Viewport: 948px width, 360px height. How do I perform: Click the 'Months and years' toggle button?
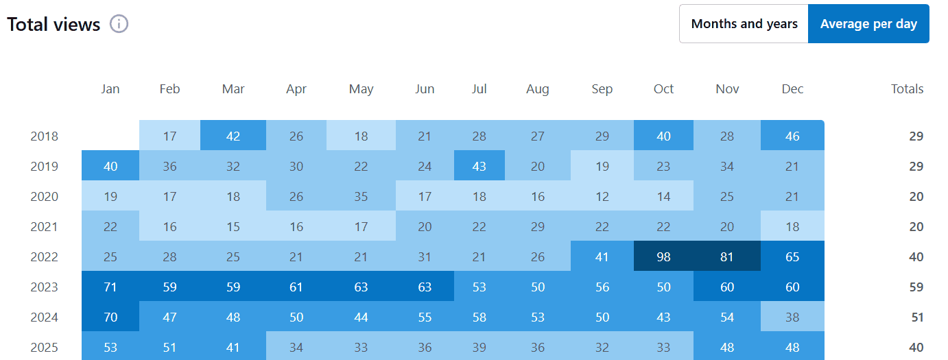click(744, 24)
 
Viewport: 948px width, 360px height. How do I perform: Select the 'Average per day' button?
click(868, 24)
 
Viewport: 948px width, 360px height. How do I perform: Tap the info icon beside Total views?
click(119, 24)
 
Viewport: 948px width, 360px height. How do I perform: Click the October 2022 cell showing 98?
click(663, 257)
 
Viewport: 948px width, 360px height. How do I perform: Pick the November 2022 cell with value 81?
click(726, 257)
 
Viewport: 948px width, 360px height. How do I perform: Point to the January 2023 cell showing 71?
click(110, 287)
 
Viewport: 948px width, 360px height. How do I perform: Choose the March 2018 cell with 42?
click(233, 136)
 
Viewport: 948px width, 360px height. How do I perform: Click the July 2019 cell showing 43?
click(479, 166)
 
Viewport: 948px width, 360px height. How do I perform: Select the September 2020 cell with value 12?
click(602, 197)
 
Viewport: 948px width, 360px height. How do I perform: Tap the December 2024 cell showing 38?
click(792, 317)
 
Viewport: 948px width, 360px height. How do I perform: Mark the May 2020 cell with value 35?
click(361, 197)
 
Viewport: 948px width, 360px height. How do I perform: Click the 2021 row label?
click(45, 227)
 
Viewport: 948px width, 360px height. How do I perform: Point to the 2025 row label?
click(45, 348)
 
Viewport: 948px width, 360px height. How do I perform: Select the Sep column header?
click(602, 89)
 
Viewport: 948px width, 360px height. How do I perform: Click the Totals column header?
click(907, 89)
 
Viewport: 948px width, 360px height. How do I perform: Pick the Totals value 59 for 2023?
click(916, 287)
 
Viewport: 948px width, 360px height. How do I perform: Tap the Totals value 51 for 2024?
click(916, 317)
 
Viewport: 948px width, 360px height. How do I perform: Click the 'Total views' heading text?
click(54, 25)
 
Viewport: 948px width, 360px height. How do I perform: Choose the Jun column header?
click(425, 89)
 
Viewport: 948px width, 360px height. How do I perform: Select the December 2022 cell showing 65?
click(792, 257)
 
